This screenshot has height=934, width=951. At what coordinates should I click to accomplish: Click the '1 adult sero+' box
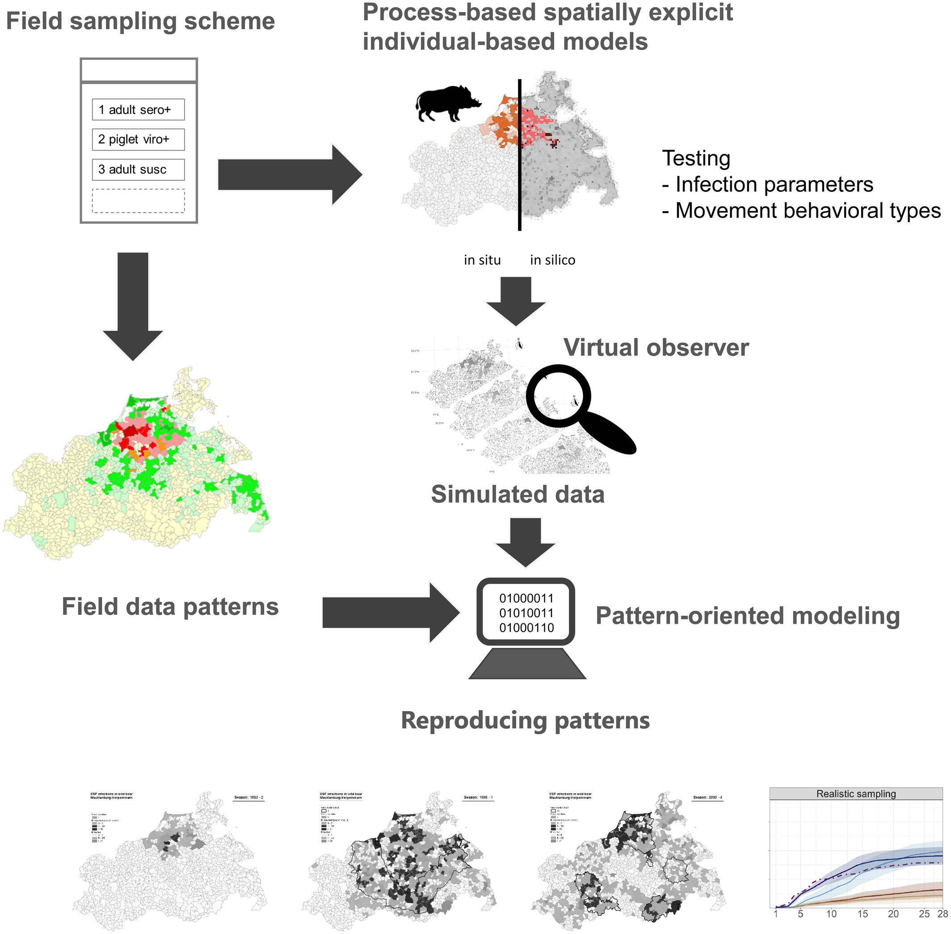pos(138,109)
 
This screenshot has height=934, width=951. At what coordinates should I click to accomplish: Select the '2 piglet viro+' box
pos(138,139)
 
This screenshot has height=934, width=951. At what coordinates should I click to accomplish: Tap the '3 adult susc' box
pos(138,169)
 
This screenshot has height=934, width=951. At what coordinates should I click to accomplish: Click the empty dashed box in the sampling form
pos(138,201)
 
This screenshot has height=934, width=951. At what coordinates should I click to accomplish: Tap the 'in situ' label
pos(482,260)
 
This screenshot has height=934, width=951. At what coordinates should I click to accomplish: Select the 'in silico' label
pos(552,260)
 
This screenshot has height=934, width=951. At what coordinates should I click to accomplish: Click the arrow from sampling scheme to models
pos(290,174)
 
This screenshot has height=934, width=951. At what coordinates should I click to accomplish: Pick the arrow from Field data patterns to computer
pos(390,613)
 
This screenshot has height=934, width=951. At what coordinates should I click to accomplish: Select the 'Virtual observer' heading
pos(656,347)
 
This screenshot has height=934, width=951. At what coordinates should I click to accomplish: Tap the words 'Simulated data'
pos(518,494)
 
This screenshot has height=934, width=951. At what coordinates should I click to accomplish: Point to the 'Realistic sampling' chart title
pos(855,794)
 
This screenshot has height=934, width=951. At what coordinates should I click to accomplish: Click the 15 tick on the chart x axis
pos(862,914)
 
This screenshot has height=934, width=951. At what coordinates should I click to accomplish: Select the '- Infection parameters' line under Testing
pos(768,185)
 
